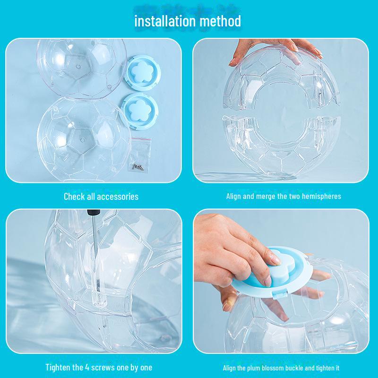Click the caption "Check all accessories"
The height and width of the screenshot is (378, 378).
coord(101,196)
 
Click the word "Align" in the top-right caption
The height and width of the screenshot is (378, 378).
coord(234,196)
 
